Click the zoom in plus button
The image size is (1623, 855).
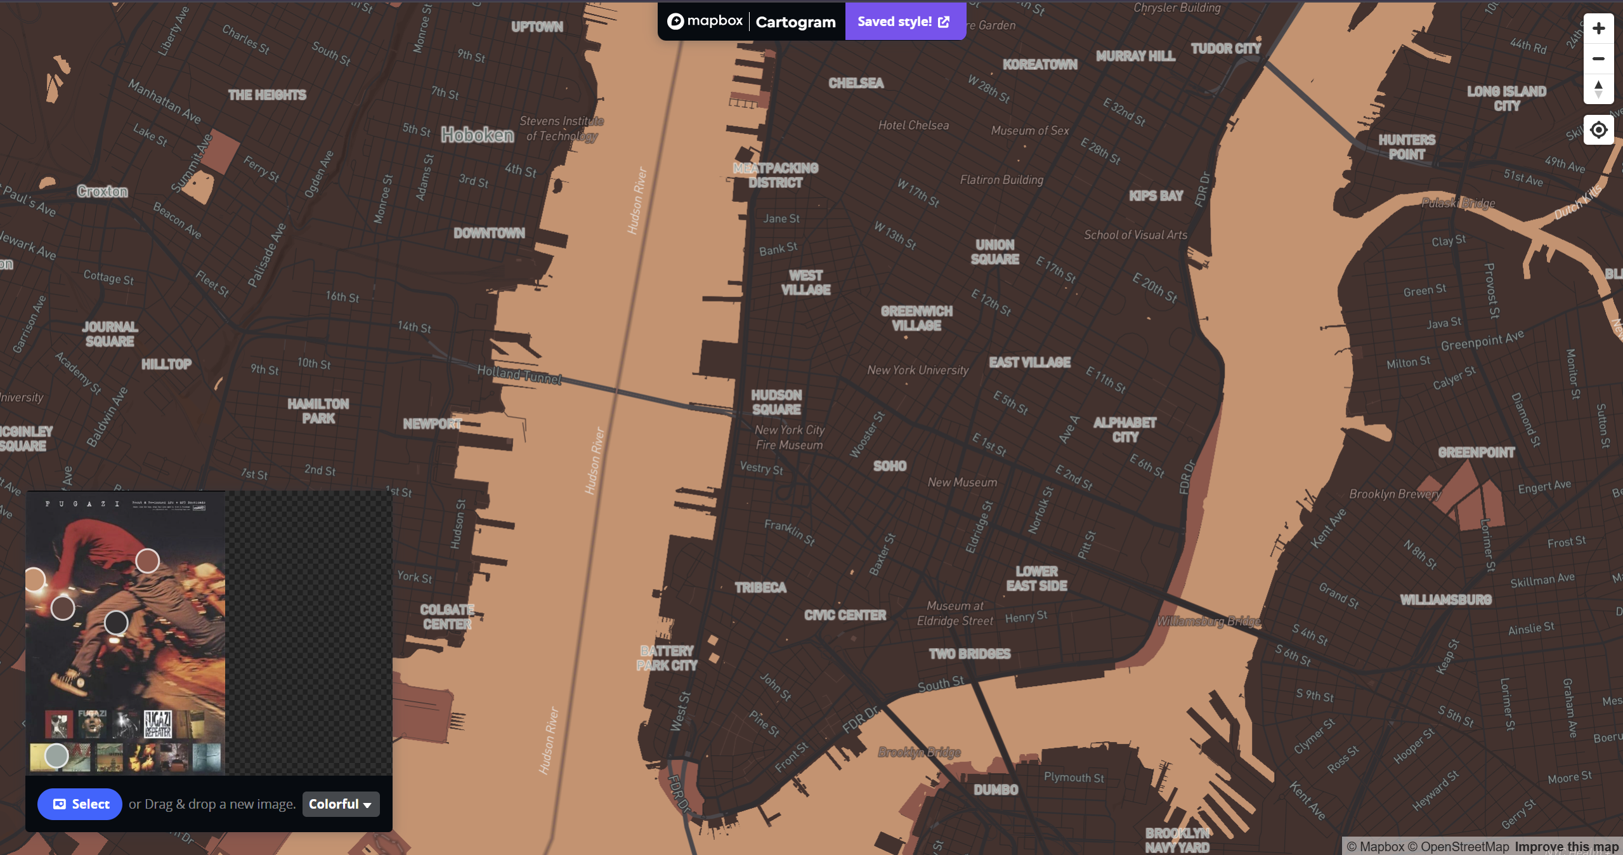point(1598,29)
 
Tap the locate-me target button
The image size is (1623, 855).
point(1598,130)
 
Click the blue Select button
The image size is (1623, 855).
point(80,804)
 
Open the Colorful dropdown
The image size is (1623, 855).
point(341,804)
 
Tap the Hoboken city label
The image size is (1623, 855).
point(477,135)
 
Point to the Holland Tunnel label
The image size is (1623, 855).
point(519,374)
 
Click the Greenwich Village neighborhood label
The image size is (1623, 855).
point(916,318)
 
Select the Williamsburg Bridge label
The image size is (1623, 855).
point(1208,621)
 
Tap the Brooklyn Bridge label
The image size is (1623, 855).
point(919,752)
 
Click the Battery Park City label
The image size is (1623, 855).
point(667,658)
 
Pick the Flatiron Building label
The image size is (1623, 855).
point(1001,180)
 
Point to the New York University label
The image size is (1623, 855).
point(917,370)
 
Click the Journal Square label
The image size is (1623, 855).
point(110,334)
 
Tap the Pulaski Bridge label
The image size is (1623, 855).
point(1457,203)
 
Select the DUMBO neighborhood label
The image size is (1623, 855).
point(996,790)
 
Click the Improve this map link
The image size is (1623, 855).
point(1566,847)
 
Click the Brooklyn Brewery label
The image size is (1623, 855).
point(1394,494)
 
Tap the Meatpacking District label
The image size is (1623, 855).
point(775,175)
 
